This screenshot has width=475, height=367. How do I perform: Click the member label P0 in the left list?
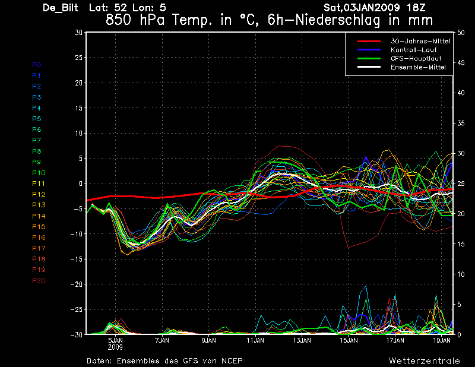point(37,65)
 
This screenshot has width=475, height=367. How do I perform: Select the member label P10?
point(39,173)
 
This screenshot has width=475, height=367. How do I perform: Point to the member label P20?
point(39,281)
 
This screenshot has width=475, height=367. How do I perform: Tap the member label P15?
point(39,227)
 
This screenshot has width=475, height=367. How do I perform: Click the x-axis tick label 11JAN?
point(255,341)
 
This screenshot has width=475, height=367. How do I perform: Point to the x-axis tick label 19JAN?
point(442,341)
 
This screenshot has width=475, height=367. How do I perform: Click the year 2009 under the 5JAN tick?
point(115,347)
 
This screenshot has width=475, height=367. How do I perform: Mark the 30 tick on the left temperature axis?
point(78,32)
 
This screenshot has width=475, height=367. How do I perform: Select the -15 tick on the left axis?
point(76,260)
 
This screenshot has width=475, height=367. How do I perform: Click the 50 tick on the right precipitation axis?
point(461,32)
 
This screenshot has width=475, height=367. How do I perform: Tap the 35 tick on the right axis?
point(461,123)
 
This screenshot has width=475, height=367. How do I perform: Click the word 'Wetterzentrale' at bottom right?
point(424,360)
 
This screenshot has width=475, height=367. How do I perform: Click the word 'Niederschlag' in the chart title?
point(348,20)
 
